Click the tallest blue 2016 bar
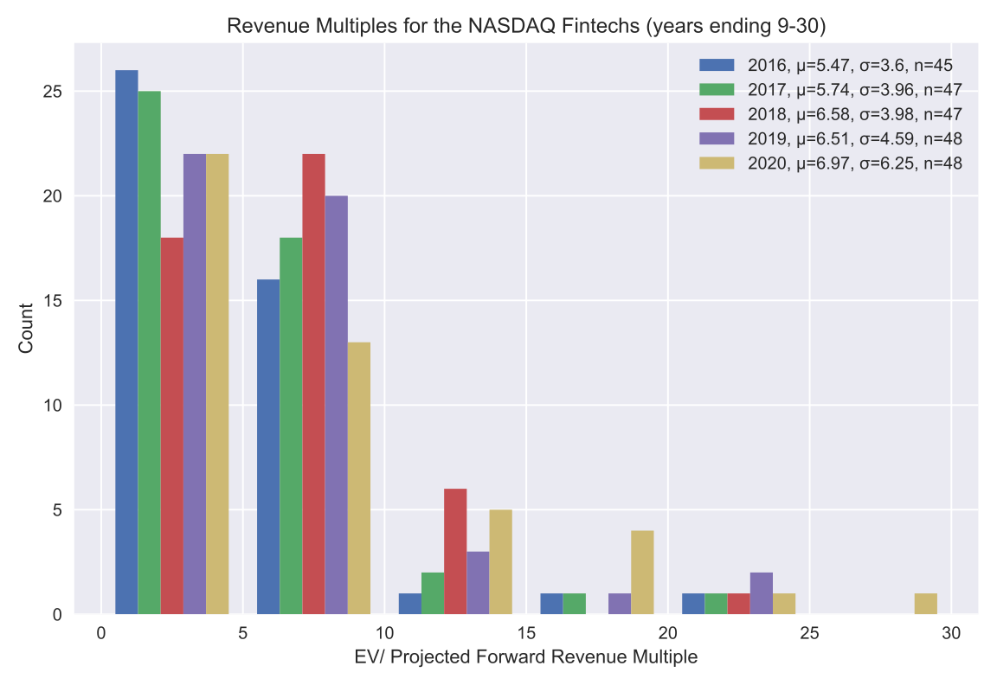click(x=126, y=342)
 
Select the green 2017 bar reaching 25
click(x=149, y=353)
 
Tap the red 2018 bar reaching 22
click(x=313, y=384)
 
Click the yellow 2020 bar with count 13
click(x=358, y=478)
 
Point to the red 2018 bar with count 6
click(x=455, y=552)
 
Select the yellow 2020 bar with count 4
click(x=642, y=573)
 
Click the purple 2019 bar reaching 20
click(x=336, y=405)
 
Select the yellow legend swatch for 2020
click(x=716, y=163)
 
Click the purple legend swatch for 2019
click(x=716, y=138)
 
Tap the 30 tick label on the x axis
click(x=950, y=633)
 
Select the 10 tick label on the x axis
click(x=384, y=633)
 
